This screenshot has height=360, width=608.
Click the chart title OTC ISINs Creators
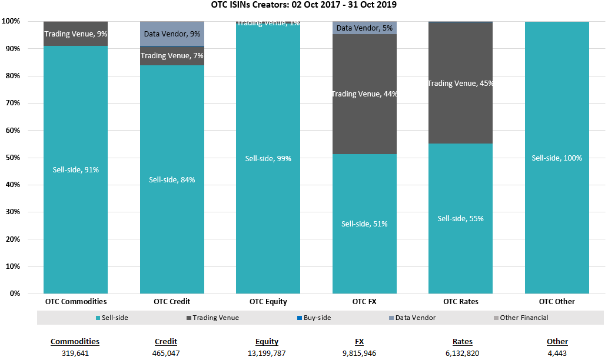coord(304,5)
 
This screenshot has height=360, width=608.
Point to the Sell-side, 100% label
coord(557,158)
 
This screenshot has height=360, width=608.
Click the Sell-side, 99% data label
coord(268,158)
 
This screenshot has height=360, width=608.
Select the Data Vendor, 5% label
coord(364,28)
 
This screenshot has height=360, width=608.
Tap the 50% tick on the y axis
coord(11,158)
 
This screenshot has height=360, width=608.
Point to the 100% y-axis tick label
coord(11,21)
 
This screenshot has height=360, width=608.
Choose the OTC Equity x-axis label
coord(268,302)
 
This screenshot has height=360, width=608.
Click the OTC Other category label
coord(557,302)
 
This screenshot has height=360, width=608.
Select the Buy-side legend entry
coord(317,318)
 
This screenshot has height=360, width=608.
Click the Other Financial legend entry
coord(524,318)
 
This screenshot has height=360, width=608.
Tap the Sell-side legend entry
coord(115,318)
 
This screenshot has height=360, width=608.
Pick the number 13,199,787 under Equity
coord(267,353)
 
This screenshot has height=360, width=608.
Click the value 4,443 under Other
coord(557,353)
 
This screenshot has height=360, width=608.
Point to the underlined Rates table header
coord(463,342)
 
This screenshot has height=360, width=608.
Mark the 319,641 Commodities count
coord(75,353)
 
